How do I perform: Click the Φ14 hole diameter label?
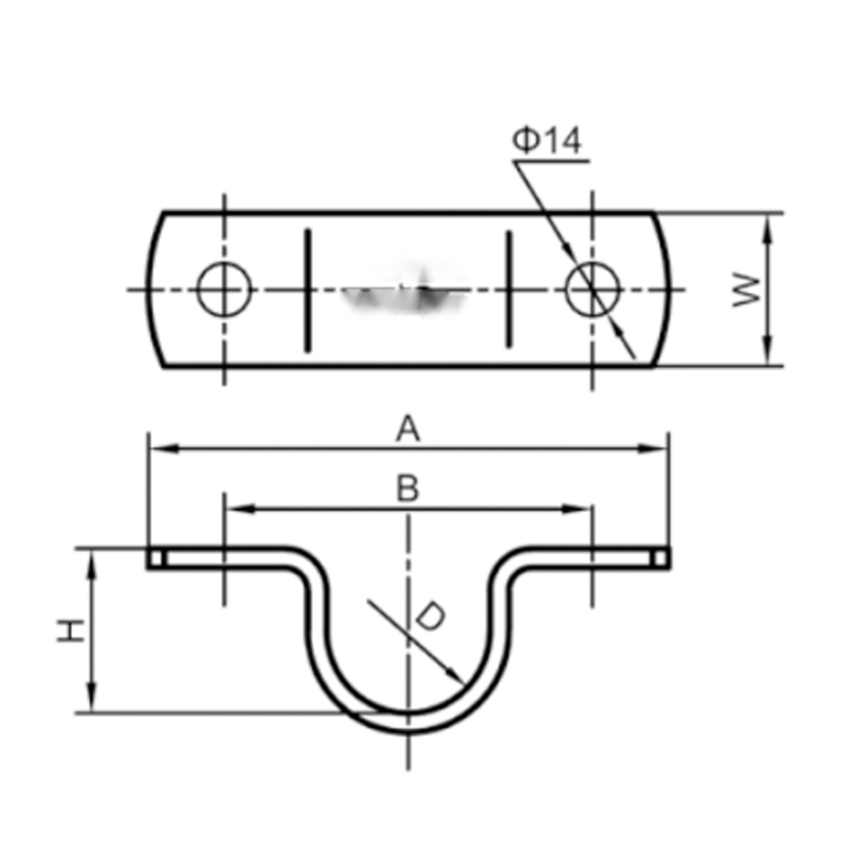pos(547,140)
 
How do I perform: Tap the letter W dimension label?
pos(746,290)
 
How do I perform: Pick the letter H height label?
pos(71,631)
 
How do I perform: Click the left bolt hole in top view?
pos(225,289)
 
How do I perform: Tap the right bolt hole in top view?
pos(593,289)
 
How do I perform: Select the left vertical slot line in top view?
pos(307,290)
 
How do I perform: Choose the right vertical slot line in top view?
pos(508,289)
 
